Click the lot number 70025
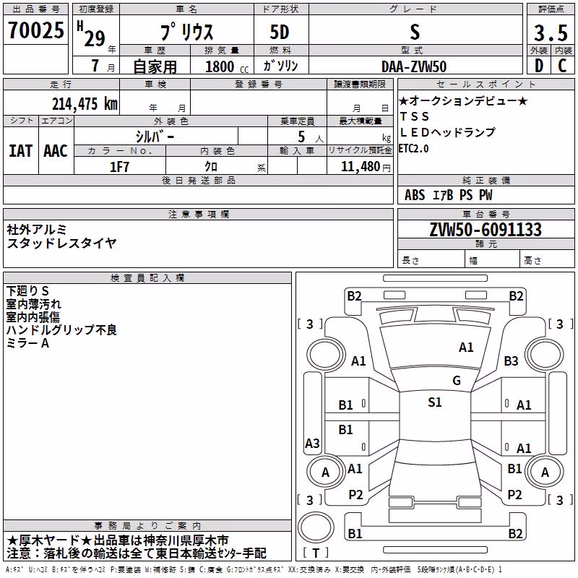(36, 30)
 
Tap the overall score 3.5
(551, 33)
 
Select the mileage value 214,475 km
(85, 103)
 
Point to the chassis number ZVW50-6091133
(486, 230)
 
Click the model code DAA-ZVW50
(414, 66)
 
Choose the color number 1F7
(119, 167)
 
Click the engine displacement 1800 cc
(227, 66)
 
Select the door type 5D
(280, 32)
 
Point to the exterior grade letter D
(539, 66)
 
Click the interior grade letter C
(562, 66)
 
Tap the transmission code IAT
(21, 151)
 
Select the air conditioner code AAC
(56, 151)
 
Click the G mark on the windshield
(457, 381)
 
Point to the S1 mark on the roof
(435, 402)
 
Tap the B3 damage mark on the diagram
(511, 361)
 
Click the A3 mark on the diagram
(312, 443)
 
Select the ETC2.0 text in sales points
(413, 149)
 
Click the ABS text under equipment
(415, 195)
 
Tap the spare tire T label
(316, 553)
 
